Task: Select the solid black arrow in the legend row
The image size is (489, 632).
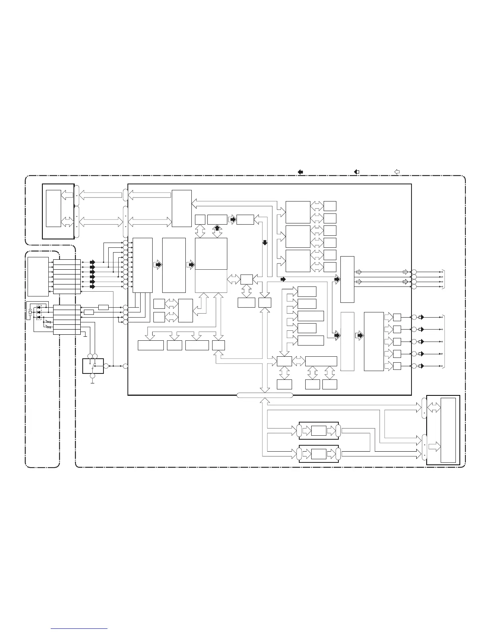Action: pyautogui.click(x=300, y=172)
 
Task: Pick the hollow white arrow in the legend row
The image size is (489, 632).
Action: pyautogui.click(x=397, y=172)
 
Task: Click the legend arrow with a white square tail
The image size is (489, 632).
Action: pyautogui.click(x=357, y=172)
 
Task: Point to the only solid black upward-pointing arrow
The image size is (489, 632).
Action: pyautogui.click(x=217, y=228)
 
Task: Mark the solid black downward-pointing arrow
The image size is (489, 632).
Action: pyautogui.click(x=264, y=243)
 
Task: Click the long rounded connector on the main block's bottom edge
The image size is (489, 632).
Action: pyautogui.click(x=264, y=395)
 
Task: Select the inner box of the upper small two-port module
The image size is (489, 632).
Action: pyautogui.click(x=319, y=431)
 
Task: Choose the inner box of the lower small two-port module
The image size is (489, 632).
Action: pyautogui.click(x=319, y=454)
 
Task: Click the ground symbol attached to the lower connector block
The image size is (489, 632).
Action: pyautogui.click(x=85, y=334)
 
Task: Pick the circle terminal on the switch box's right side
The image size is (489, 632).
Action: pyautogui.click(x=106, y=366)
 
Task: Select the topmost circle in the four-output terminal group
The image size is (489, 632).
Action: pyautogui.click(x=414, y=272)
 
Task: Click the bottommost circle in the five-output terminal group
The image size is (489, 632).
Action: pyautogui.click(x=414, y=366)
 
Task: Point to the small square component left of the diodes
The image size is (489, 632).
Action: pyautogui.click(x=30, y=312)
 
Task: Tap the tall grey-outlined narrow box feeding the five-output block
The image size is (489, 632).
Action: pyautogui.click(x=347, y=341)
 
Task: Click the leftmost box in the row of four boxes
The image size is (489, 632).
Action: pyautogui.click(x=151, y=345)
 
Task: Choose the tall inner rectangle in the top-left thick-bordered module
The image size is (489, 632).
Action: pyautogui.click(x=54, y=208)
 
